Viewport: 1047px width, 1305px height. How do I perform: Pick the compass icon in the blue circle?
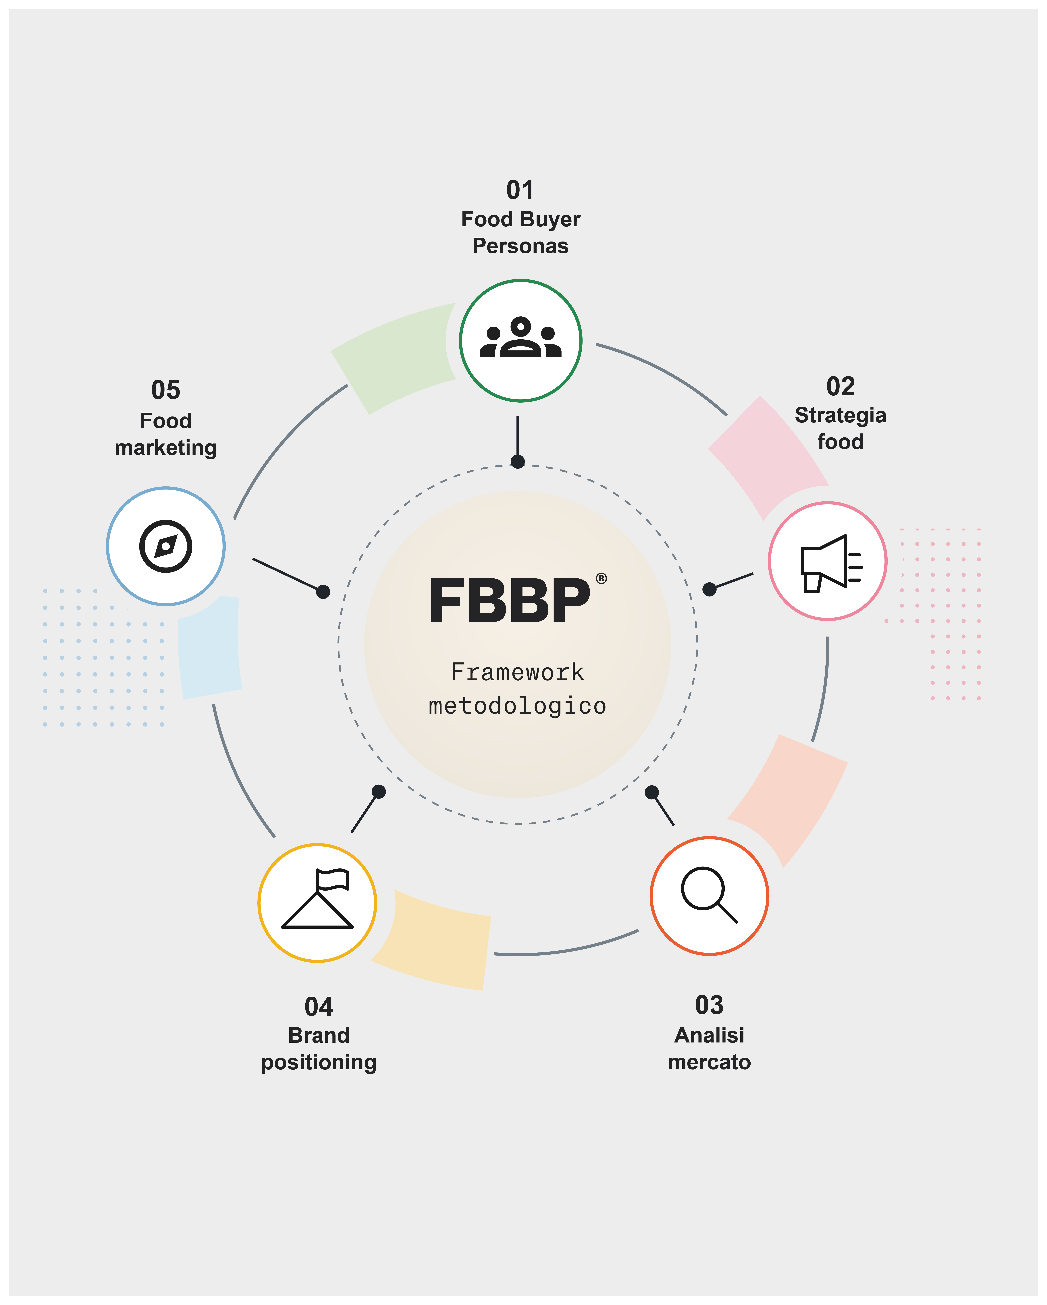pos(166,546)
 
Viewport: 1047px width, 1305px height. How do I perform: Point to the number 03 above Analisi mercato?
pos(709,1005)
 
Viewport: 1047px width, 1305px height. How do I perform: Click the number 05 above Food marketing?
pos(166,390)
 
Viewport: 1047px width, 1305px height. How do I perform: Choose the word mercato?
pos(709,1062)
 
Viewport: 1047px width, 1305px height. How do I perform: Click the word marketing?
pos(166,448)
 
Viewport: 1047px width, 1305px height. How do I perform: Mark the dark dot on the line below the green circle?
pos(518,462)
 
